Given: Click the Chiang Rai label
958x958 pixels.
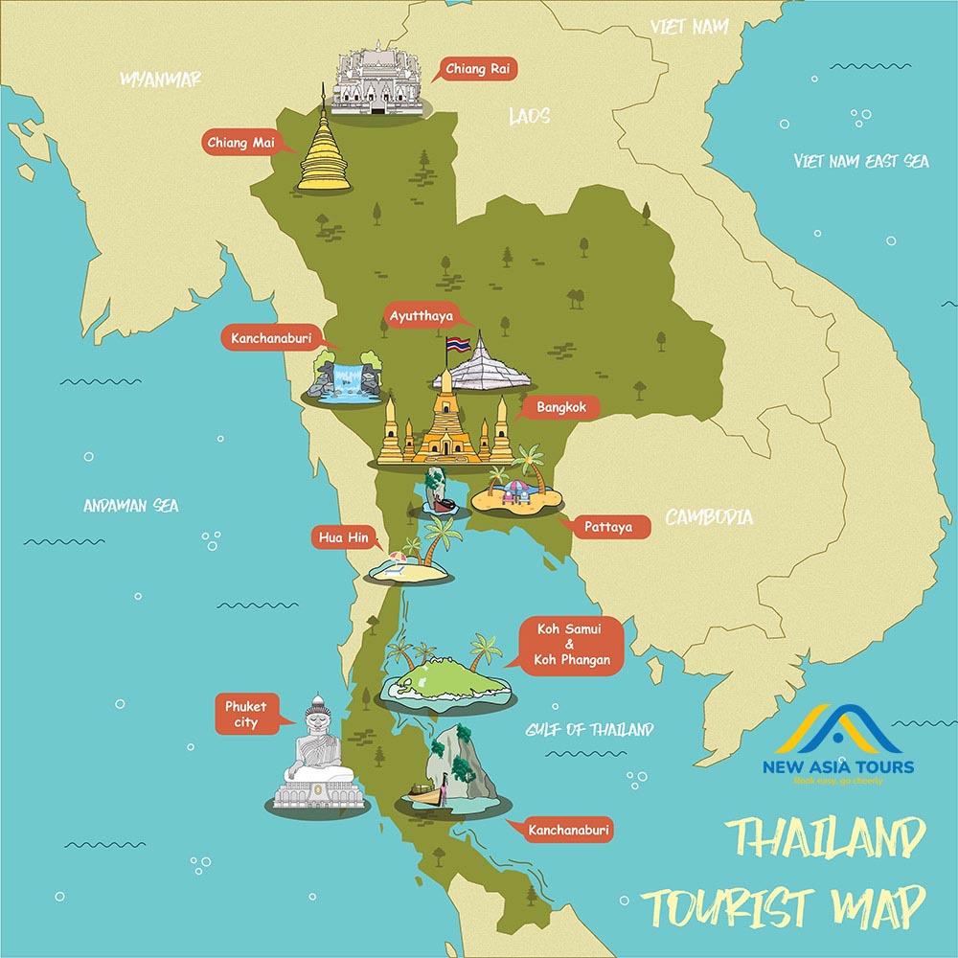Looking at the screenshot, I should (x=476, y=69).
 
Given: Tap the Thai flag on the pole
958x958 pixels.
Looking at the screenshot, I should (x=457, y=344).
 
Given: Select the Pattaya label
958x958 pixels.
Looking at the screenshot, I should (x=607, y=526).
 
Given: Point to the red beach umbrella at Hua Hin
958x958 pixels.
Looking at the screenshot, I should (x=398, y=557).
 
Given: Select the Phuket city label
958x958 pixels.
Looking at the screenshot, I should (x=246, y=715).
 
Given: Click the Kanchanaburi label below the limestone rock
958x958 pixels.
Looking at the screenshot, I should (x=569, y=829).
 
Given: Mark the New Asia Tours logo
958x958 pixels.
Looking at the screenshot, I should (x=838, y=744).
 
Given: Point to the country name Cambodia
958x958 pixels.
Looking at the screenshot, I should (x=709, y=518).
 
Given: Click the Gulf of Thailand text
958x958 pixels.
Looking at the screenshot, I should (x=589, y=730).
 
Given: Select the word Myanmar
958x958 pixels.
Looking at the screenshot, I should (x=160, y=80).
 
